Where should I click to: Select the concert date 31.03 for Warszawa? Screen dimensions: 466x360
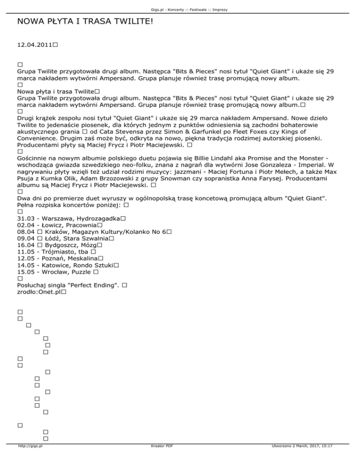[25, 219]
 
